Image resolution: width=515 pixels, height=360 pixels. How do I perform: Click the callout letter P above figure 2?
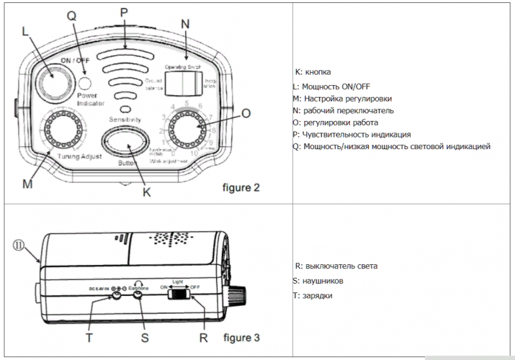click(x=124, y=12)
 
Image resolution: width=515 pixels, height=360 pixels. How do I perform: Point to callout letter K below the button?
click(x=147, y=191)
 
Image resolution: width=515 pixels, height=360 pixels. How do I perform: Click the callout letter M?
click(x=27, y=184)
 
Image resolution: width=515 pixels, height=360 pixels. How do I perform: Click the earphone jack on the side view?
click(x=139, y=296)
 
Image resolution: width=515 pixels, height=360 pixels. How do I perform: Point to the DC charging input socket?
click(x=117, y=296)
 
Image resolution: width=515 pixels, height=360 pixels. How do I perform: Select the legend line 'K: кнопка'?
click(x=313, y=72)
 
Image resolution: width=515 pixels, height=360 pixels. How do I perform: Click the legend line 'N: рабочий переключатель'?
click(x=343, y=110)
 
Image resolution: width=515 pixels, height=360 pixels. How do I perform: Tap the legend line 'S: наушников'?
click(x=318, y=281)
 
